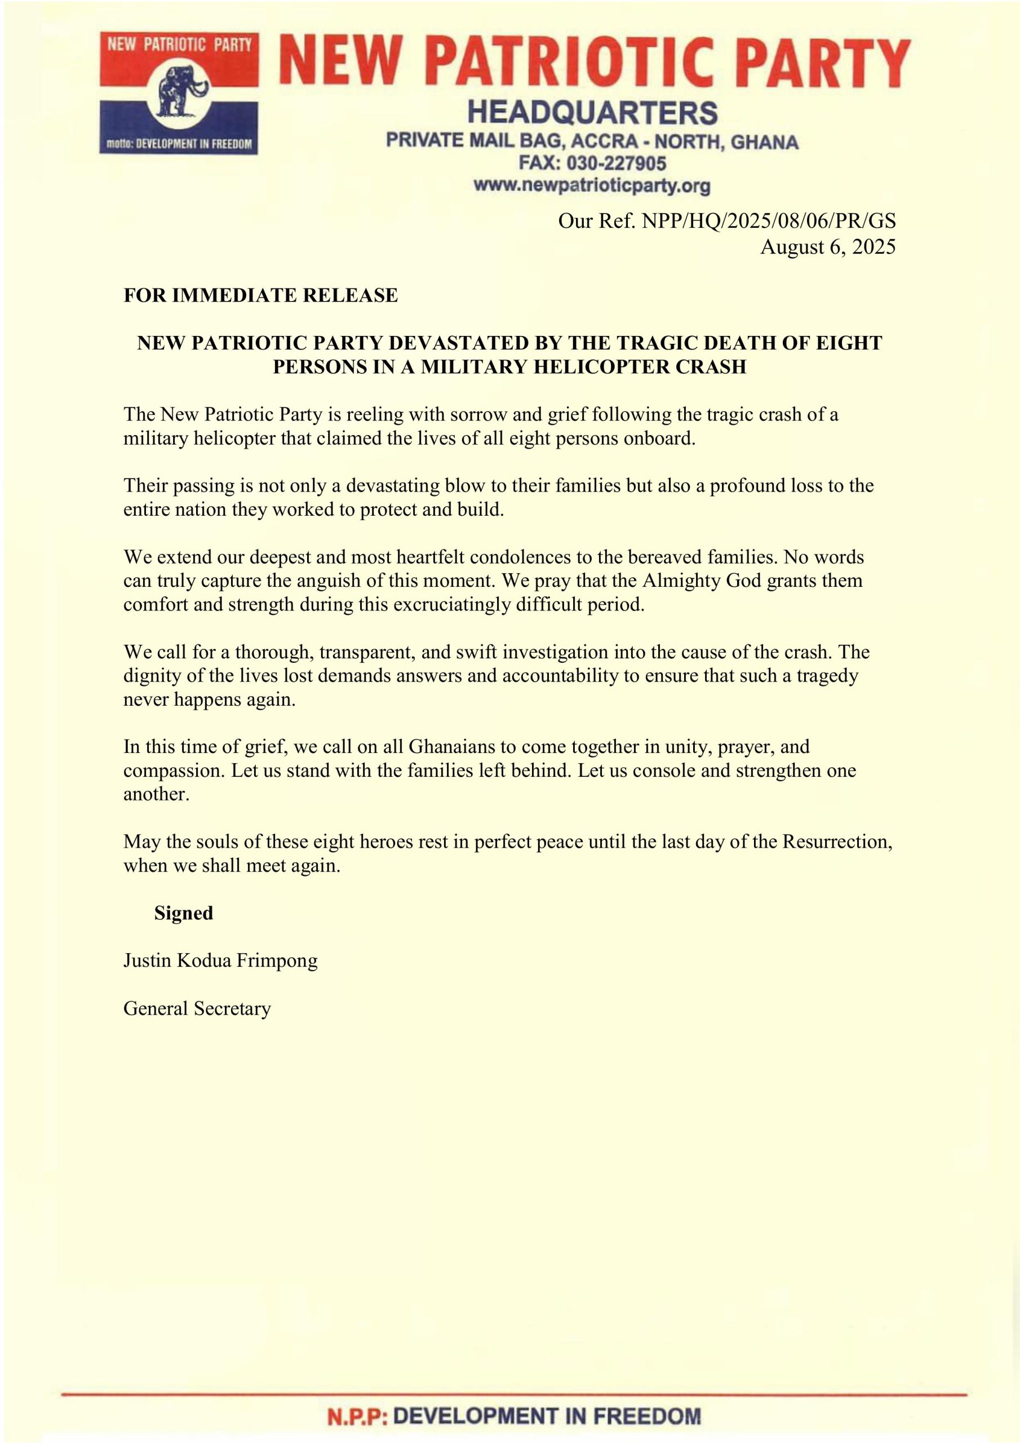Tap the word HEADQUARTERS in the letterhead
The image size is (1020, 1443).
[x=592, y=113]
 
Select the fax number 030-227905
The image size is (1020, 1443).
[x=616, y=163]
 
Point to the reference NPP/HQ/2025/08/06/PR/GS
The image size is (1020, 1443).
[x=768, y=221]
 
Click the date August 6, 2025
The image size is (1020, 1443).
[x=828, y=247]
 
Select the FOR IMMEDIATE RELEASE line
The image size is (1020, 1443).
[x=260, y=295]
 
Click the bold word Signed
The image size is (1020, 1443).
[x=184, y=913]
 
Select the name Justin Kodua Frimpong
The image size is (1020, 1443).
[x=220, y=961]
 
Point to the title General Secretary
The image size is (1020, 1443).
[x=197, y=1009]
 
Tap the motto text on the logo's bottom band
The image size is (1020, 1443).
[x=179, y=144]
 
